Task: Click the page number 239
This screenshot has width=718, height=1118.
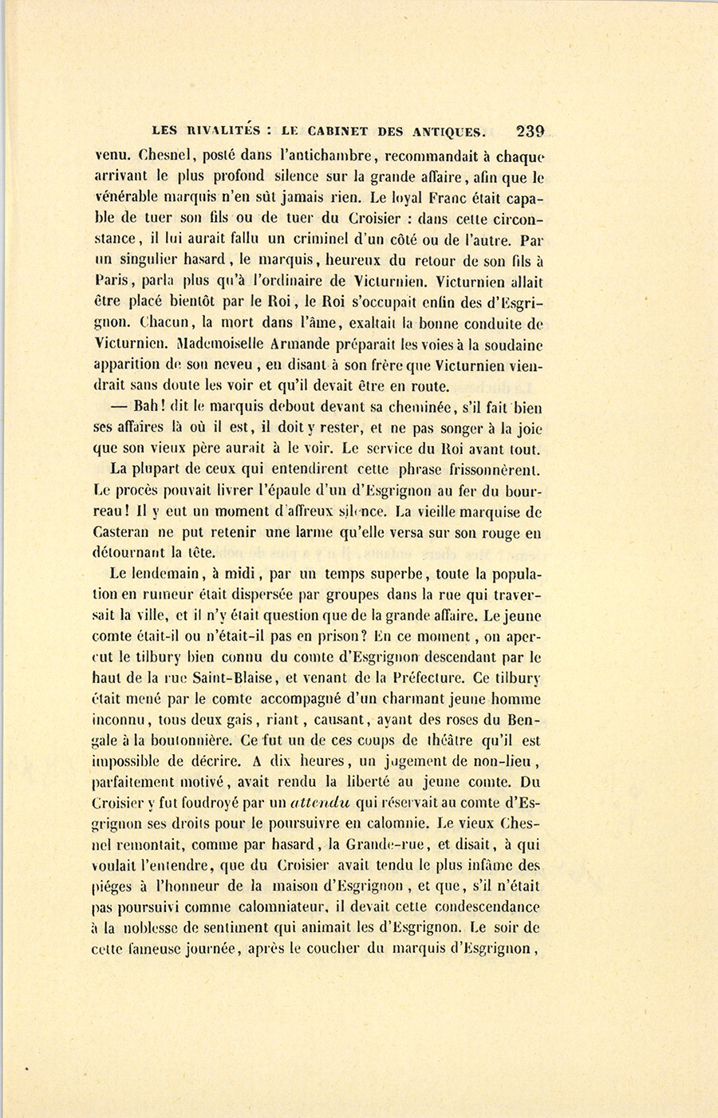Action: [530, 131]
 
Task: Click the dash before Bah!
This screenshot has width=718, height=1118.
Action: [119, 407]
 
